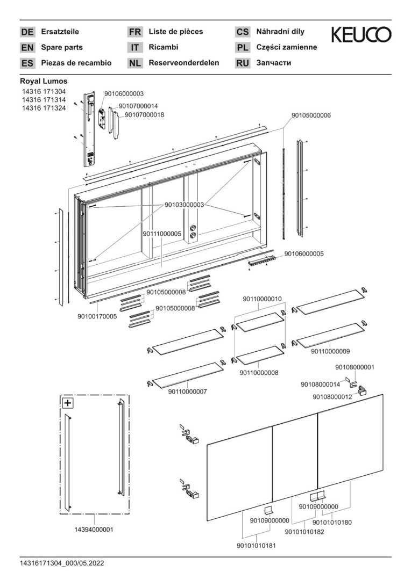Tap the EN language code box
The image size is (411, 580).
[27, 47]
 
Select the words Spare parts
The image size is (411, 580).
[62, 47]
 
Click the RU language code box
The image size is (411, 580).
[243, 63]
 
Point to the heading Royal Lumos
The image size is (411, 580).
[44, 81]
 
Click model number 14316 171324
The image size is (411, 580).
[44, 108]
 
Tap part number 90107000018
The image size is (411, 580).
[144, 115]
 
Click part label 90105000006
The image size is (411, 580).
[311, 115]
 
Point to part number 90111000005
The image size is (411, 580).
[162, 234]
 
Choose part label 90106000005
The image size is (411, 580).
[304, 253]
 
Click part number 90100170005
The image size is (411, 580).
[97, 317]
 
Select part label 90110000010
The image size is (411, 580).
[263, 299]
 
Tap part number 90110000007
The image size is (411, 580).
[187, 392]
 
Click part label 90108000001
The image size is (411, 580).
[355, 367]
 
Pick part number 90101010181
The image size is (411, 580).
[256, 546]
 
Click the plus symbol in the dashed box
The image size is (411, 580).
[68, 403]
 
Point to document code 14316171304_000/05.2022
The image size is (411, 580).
[62, 563]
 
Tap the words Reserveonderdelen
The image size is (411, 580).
[183, 63]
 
